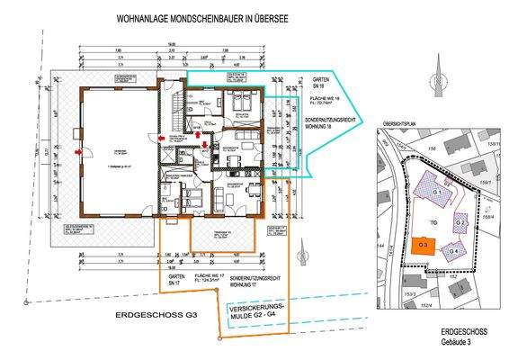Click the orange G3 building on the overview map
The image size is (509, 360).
424,245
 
